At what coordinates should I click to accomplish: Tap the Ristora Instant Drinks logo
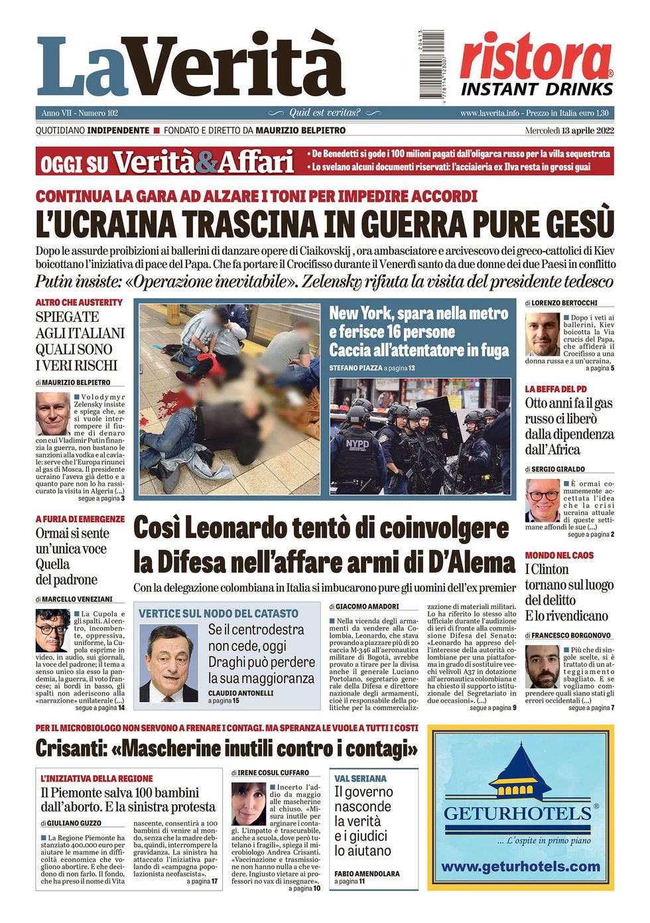pos(536,65)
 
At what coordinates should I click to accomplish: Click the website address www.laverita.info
pos(489,113)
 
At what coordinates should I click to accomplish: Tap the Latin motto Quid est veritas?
pos(324,113)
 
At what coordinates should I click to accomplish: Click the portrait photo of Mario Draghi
pos(169,663)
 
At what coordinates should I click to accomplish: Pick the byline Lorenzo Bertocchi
pos(564,303)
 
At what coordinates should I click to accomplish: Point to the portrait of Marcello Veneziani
pos(53,630)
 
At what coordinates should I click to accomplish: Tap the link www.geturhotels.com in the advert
pos(520,867)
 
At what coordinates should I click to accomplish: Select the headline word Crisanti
pos(70,748)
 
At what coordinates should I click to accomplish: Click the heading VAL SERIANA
pos(360,778)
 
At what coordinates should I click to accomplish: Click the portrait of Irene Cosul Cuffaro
pos(249,804)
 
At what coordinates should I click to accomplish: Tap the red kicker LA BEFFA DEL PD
pos(556,389)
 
